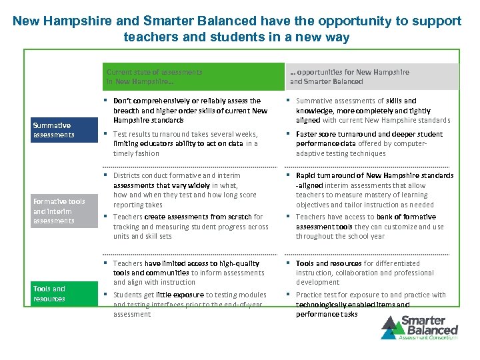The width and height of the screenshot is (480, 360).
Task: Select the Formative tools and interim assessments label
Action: point(59,211)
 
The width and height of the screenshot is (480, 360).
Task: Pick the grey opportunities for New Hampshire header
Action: point(373,77)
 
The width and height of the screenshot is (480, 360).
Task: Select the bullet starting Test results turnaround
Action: point(190,143)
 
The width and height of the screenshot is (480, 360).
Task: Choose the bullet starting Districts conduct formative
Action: point(190,190)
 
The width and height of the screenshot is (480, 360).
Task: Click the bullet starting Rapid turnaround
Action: point(373,190)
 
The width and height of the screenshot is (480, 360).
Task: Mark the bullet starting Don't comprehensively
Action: point(190,111)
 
